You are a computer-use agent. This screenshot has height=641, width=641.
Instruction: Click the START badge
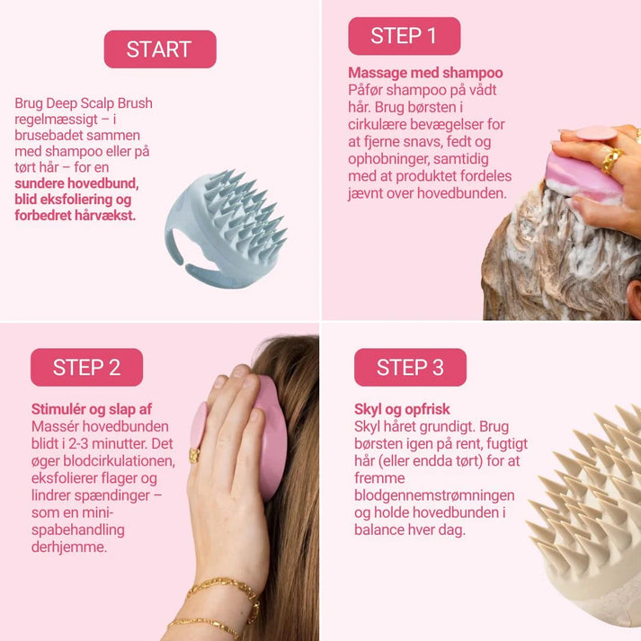pyautogui.click(x=160, y=49)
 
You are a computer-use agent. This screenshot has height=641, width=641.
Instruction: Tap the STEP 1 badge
pyautogui.click(x=404, y=36)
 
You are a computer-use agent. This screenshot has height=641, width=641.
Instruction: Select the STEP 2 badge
pyautogui.click(x=86, y=367)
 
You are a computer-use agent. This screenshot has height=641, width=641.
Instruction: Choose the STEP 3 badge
pyautogui.click(x=410, y=367)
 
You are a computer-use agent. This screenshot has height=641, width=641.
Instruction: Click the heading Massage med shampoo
pyautogui.click(x=425, y=73)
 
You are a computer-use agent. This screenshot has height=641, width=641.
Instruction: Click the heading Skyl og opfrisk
pyautogui.click(x=402, y=409)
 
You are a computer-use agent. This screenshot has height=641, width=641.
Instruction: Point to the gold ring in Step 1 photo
pyautogui.click(x=610, y=159)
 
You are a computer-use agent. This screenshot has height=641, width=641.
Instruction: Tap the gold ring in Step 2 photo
pyautogui.click(x=194, y=456)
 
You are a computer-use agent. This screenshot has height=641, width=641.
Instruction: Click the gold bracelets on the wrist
pyautogui.click(x=216, y=602)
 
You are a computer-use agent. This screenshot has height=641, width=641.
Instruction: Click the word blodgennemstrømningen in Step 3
pyautogui.click(x=434, y=494)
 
